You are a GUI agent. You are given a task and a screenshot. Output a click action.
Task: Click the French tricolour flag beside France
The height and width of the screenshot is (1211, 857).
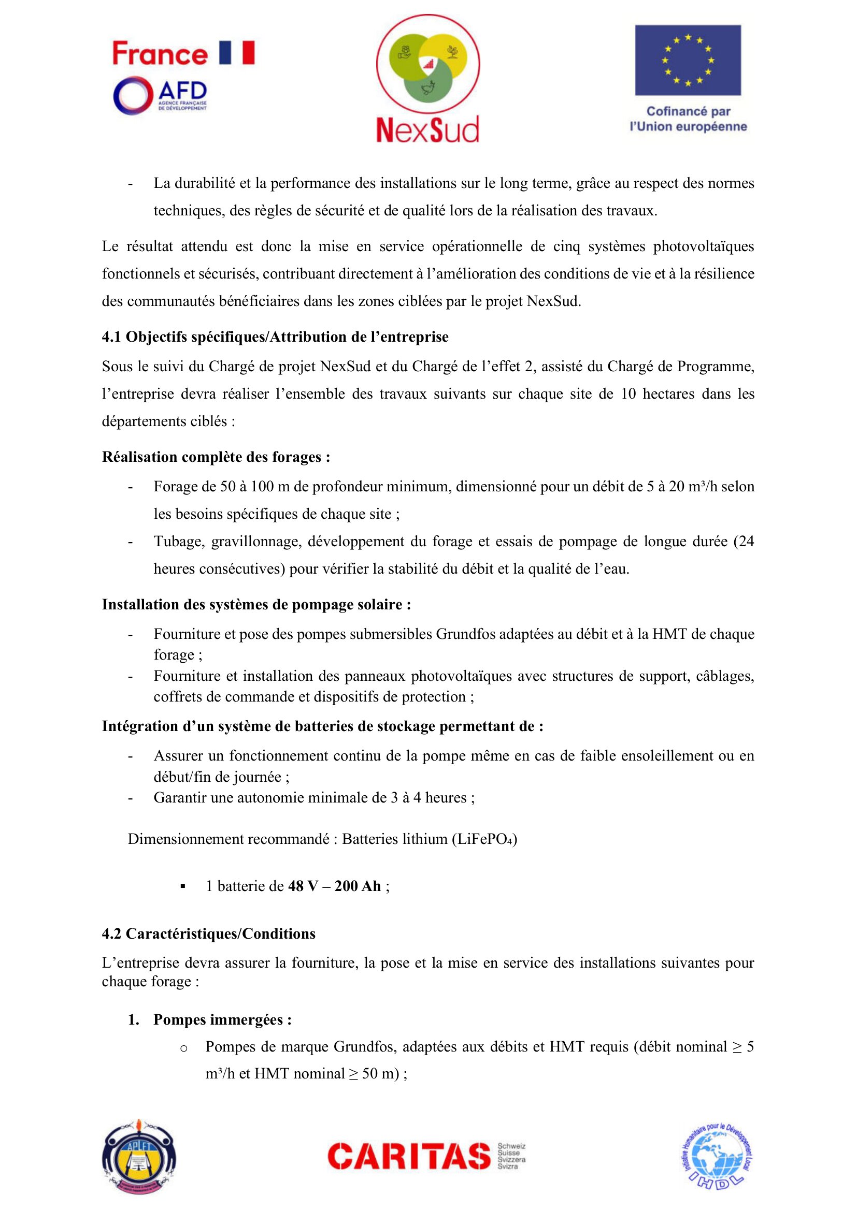pyautogui.click(x=236, y=53)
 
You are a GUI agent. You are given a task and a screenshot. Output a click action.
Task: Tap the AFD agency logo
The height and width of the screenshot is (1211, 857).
pyautogui.click(x=160, y=95)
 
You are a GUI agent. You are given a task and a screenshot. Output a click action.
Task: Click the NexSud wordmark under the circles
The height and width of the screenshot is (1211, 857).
pyautogui.click(x=427, y=130)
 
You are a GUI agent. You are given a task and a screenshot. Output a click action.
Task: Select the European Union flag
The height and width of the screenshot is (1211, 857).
pyautogui.click(x=688, y=60)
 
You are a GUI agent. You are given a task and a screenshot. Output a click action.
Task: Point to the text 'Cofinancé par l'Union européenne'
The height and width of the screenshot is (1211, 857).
pyautogui.click(x=688, y=119)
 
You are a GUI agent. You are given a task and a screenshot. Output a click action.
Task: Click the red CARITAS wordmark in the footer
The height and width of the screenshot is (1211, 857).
pyautogui.click(x=409, y=1156)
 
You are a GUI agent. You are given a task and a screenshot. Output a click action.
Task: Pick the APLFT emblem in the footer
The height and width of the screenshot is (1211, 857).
pyautogui.click(x=139, y=1156)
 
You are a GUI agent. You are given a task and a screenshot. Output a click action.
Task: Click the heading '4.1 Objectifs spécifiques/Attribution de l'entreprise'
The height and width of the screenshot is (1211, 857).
pyautogui.click(x=275, y=337)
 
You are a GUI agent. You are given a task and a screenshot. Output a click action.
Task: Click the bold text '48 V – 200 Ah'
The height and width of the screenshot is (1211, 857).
pyautogui.click(x=334, y=885)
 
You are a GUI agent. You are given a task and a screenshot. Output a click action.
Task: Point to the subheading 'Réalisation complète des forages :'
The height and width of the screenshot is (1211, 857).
pyautogui.click(x=216, y=457)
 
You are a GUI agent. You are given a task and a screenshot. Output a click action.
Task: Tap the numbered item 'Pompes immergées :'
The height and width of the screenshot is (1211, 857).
pyautogui.click(x=222, y=1019)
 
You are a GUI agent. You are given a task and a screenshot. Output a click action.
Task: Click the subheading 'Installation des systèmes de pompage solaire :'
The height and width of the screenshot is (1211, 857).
pyautogui.click(x=256, y=604)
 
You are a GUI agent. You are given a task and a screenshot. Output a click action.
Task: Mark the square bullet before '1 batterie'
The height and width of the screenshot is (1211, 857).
pyautogui.click(x=183, y=886)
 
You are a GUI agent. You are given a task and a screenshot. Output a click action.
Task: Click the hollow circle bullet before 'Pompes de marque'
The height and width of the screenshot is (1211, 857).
pyautogui.click(x=183, y=1047)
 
